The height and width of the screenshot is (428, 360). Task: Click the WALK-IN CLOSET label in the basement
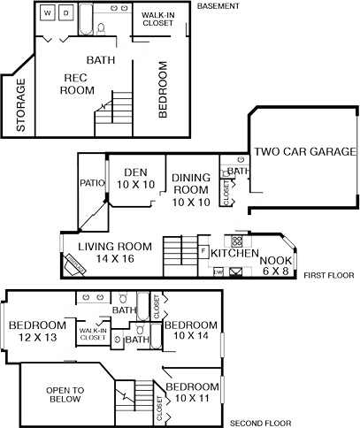[159, 20]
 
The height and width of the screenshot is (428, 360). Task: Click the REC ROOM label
[76, 83]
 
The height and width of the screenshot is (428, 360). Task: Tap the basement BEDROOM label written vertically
[163, 88]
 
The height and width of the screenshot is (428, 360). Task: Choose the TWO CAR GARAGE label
[305, 151]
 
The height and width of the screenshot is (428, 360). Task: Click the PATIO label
[92, 184]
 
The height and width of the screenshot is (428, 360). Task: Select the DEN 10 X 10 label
[135, 178]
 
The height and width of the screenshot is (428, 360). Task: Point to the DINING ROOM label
[191, 189]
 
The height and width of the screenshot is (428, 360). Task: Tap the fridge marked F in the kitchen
[203, 252]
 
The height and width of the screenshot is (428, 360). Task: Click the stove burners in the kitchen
[237, 241]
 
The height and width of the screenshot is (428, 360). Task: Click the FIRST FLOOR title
[328, 276]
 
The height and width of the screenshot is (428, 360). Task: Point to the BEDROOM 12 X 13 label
[37, 330]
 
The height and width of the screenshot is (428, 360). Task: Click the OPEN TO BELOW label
[65, 394]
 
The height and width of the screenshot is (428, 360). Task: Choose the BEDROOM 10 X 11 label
[192, 393]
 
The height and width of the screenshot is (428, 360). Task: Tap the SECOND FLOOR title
[259, 423]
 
